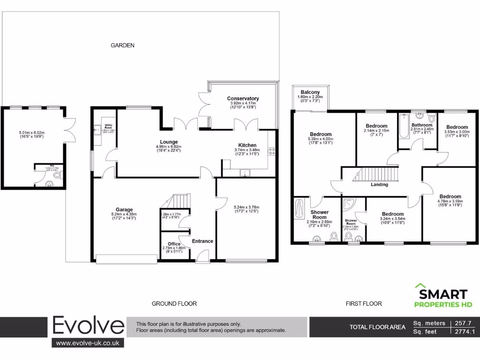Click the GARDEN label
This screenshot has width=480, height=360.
tap(122, 45)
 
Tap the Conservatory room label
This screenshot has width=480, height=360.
tap(243, 98)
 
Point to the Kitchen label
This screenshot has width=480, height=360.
tap(247, 145)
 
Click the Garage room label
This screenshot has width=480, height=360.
tap(124, 210)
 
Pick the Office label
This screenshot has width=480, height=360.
tap(174, 244)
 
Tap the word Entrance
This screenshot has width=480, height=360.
tap(202, 241)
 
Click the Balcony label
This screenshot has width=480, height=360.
tap(310, 92)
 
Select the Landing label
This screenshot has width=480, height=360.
tap(379, 184)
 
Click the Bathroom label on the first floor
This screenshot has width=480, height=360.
tap(422, 125)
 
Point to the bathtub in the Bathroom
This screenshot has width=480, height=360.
tap(404, 127)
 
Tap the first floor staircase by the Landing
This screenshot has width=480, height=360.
tap(375, 174)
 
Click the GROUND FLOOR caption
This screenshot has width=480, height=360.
tap(174, 304)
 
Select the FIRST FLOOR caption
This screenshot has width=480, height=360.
tap(364, 304)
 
